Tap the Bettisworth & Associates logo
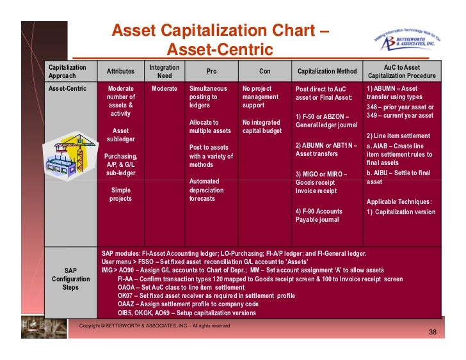click(x=409, y=40)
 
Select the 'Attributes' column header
click(x=120, y=72)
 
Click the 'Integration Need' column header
click(x=164, y=71)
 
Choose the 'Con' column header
click(x=265, y=72)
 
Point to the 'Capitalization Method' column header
click(x=328, y=72)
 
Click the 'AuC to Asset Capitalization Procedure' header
click(x=401, y=71)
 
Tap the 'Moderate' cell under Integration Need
click(x=164, y=89)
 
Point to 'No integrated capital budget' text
click(x=262, y=127)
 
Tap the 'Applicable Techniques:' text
click(x=399, y=202)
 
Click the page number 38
click(x=432, y=333)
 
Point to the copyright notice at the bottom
click(x=154, y=326)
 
